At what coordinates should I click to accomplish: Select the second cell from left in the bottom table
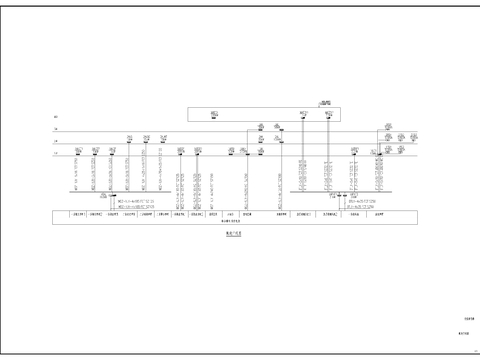click(x=98, y=214)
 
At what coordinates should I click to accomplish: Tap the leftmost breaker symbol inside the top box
click(x=215, y=115)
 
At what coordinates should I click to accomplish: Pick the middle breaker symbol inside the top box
click(x=303, y=115)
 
